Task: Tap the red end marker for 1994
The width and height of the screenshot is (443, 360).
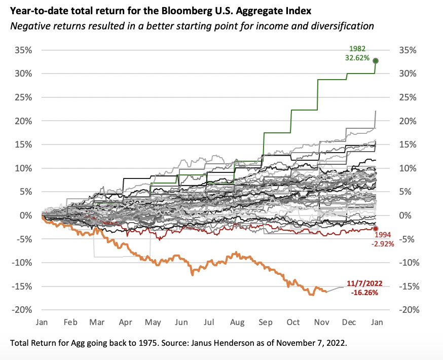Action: pos(376,229)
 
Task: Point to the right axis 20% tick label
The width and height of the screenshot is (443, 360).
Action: pos(407,121)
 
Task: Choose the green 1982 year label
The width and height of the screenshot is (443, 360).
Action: pos(357,49)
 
